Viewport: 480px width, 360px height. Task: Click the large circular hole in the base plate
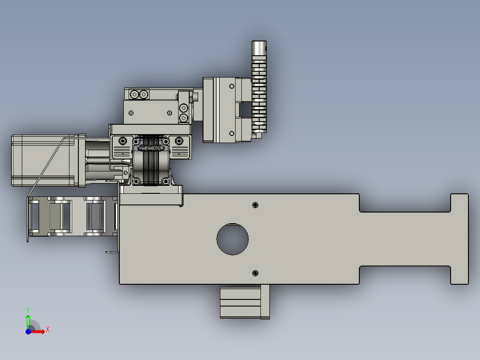232,239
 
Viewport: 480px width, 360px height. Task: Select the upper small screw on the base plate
255,205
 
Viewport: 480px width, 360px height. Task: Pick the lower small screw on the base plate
255,272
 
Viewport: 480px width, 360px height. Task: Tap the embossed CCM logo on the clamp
151,148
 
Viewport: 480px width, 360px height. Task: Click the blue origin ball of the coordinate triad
28,331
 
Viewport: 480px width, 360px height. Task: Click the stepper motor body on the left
42,160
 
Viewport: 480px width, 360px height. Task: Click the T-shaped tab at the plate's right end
460,239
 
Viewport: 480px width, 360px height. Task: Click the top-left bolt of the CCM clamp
136,141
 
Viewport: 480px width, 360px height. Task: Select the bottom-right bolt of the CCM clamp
166,181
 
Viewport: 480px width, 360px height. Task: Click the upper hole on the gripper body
231,86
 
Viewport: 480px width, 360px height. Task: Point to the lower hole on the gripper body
231,133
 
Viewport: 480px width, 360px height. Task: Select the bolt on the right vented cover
179,141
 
